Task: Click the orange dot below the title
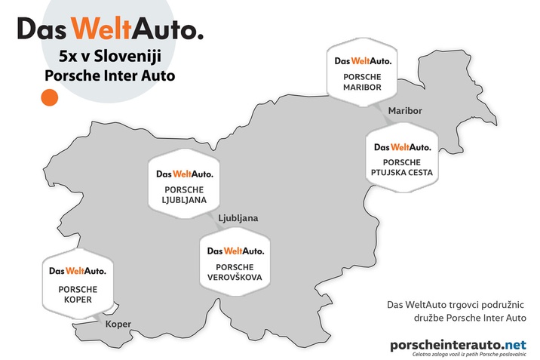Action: (x=50, y=97)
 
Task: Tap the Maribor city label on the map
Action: (x=405, y=111)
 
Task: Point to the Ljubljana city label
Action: (x=238, y=218)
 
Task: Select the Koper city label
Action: (x=118, y=325)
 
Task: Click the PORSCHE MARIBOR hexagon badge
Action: (x=362, y=72)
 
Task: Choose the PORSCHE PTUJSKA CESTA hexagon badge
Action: (x=402, y=158)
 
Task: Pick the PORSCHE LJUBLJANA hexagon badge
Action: (x=184, y=184)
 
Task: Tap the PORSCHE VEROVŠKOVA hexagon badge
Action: (x=235, y=262)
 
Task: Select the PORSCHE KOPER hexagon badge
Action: (x=78, y=284)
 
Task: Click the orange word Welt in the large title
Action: (x=102, y=28)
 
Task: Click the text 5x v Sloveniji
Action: (x=110, y=56)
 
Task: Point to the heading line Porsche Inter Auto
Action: (x=110, y=75)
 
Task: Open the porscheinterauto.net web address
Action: (x=458, y=345)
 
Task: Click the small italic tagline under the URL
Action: (x=469, y=354)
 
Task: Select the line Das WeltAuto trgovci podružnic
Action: (x=456, y=305)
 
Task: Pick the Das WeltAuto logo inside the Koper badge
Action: (x=78, y=271)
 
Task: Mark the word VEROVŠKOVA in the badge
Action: (x=235, y=277)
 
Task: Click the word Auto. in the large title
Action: (x=167, y=28)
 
